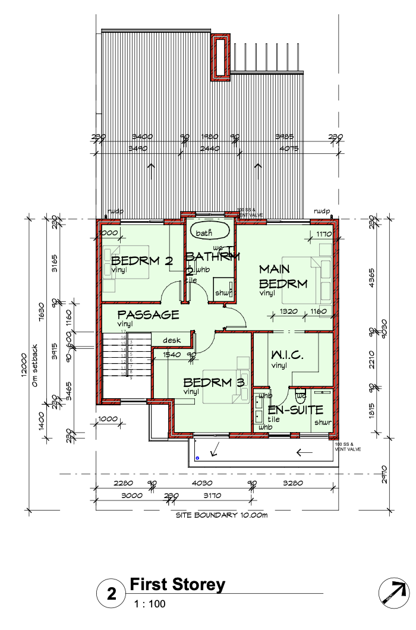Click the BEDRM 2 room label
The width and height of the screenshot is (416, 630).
[x=141, y=261]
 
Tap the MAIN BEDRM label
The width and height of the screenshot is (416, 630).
[x=283, y=277]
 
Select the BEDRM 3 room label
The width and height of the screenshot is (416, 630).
[x=213, y=382]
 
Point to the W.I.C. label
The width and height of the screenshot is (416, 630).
[x=288, y=355]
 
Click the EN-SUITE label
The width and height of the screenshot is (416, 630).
[x=295, y=409]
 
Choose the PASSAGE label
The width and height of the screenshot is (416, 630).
[x=148, y=314]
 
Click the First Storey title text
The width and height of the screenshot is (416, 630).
[x=178, y=584]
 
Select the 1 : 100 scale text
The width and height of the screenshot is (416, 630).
[x=150, y=604]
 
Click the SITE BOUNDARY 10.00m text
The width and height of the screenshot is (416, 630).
[x=221, y=515]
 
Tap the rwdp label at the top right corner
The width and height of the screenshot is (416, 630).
[x=322, y=211]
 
